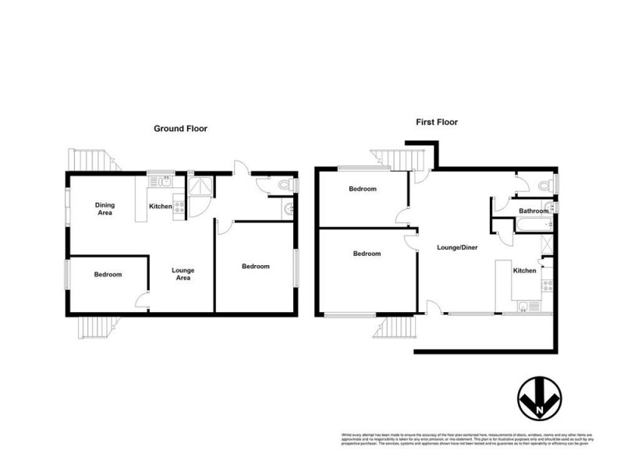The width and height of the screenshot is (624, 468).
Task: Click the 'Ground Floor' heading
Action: point(180,129)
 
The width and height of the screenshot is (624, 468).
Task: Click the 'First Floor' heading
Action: point(436,122)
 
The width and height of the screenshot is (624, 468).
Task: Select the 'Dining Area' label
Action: point(105,208)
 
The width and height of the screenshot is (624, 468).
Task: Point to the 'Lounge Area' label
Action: point(183,274)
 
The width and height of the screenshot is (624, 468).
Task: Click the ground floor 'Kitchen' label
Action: point(161,207)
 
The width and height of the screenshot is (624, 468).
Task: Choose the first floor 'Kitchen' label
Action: point(524,271)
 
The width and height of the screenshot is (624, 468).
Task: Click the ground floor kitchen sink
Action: point(163,183)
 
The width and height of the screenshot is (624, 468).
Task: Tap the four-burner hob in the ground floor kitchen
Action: point(179,207)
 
